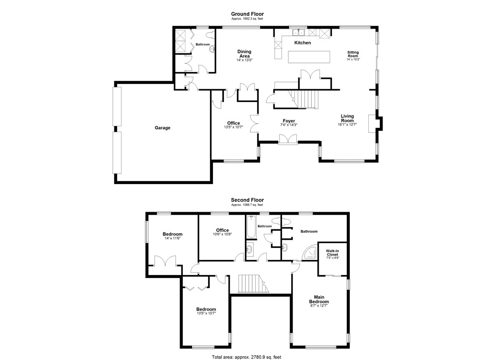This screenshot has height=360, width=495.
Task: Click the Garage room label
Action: tap(162, 128)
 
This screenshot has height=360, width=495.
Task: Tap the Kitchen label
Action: tap(303, 43)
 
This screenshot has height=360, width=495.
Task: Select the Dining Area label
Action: tap(244, 54)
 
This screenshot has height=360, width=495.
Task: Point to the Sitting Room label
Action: tap(353, 54)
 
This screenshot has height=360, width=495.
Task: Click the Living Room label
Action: tap(347, 118)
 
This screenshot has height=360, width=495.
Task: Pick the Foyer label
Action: tap(288, 121)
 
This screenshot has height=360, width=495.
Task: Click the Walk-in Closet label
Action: tap(333, 253)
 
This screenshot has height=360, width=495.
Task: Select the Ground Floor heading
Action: tap(247, 14)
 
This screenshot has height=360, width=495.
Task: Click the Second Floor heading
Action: tap(247, 200)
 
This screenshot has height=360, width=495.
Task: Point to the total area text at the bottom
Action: tap(247, 356)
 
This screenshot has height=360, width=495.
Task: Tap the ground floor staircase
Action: tap(306, 99)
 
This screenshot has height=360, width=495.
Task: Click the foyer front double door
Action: tap(288, 139)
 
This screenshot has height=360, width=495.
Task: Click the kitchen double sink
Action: tap(299, 32)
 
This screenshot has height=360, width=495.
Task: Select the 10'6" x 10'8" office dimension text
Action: tap(222, 234)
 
